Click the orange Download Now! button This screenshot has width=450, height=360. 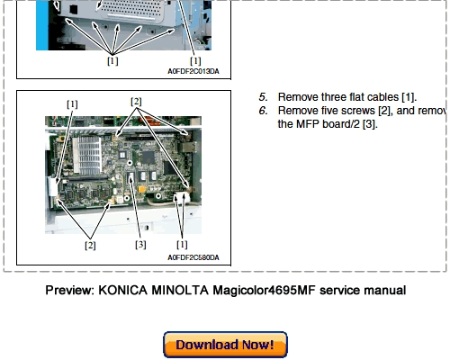225,345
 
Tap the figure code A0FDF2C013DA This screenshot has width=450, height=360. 193,71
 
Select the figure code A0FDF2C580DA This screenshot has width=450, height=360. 193,257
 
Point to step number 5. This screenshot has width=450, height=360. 263,97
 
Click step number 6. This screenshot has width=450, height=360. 263,111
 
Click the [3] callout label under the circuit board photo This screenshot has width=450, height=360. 140,245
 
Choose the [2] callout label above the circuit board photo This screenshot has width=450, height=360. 136,102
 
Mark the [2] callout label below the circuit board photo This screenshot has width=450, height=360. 90,246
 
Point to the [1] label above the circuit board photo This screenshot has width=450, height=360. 72,104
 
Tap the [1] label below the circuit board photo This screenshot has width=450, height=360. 182,245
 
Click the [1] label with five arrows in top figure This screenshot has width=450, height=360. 112,61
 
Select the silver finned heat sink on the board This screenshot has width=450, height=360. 86,155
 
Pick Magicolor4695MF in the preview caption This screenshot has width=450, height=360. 264,291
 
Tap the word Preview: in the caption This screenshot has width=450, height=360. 70,291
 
